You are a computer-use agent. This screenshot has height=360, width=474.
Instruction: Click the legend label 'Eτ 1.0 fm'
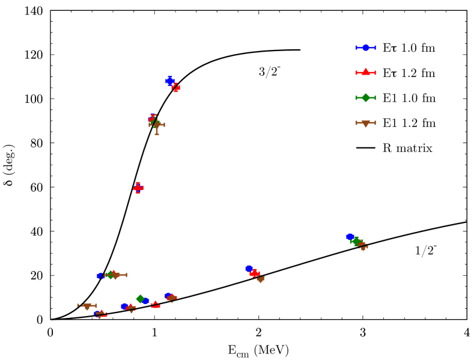tap(409, 48)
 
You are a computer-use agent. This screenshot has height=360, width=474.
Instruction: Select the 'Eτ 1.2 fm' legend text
tap(409, 73)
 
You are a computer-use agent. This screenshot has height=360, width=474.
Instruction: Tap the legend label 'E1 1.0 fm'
tap(409, 98)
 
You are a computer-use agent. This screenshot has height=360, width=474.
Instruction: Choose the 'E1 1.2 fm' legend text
tap(409, 123)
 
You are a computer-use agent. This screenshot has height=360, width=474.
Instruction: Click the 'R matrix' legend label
tap(407, 148)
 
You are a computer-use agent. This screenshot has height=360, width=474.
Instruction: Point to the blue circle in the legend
tap(365, 47)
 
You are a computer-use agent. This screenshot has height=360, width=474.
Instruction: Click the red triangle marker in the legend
tap(365, 72)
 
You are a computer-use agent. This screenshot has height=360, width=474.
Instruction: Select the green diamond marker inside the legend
tap(365, 97)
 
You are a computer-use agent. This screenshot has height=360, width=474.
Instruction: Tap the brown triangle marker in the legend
tap(365, 123)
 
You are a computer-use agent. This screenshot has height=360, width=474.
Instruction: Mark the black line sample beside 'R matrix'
tap(365, 148)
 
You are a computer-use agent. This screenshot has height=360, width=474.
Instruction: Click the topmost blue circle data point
tap(170, 81)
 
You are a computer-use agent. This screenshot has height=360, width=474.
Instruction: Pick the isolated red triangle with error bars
tap(138, 188)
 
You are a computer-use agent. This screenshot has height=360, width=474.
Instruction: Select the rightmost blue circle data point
tap(350, 237)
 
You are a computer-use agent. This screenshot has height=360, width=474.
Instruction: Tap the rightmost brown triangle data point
tap(363, 247)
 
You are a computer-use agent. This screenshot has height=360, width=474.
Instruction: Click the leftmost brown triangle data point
tap(87, 306)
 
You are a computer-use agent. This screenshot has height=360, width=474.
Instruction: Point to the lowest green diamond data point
tap(140, 299)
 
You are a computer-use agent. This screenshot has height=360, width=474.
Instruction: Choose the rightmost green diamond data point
tap(356, 241)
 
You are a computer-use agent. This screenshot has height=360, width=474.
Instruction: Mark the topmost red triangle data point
tap(176, 88)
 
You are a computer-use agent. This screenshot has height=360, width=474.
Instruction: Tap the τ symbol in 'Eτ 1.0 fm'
tap(393, 48)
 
